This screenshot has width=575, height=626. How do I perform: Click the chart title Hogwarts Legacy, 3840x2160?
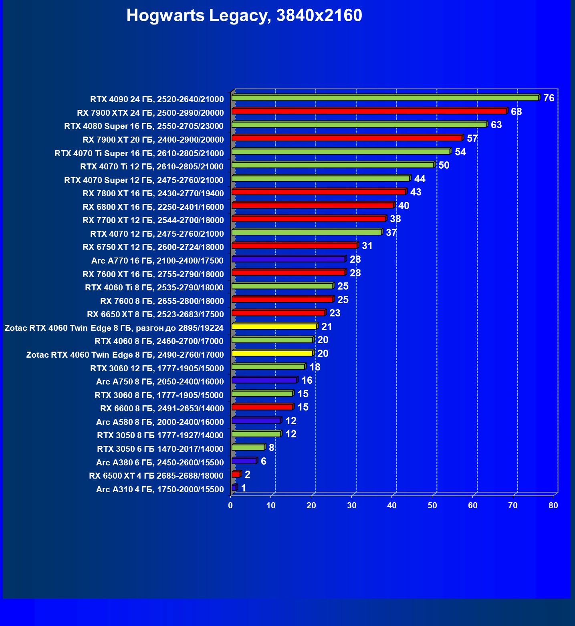(244, 16)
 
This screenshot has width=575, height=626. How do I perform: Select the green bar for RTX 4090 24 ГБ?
(385, 98)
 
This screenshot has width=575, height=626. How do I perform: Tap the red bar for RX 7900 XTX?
(369, 111)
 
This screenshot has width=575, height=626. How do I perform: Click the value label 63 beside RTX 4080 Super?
(496, 125)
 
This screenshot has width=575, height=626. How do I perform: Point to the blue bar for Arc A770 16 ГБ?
(288, 260)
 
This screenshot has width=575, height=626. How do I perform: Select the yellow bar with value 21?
(274, 326)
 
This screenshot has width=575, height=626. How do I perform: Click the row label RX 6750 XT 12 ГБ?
(153, 247)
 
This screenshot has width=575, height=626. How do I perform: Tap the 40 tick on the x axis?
(392, 505)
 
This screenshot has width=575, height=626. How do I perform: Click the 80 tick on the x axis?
(553, 505)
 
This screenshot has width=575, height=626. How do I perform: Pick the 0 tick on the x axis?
(230, 505)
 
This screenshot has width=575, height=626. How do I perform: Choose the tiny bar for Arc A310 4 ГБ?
(234, 488)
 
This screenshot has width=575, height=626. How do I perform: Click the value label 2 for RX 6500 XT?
(248, 475)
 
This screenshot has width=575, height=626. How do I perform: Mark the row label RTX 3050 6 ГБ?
(160, 449)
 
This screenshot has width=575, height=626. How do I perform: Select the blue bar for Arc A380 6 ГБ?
(244, 461)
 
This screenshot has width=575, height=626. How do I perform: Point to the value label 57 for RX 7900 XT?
(472, 139)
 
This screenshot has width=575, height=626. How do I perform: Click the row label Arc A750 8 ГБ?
(160, 382)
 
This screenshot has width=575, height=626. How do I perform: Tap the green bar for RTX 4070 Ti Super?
(341, 152)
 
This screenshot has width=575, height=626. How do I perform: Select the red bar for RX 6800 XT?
(313, 205)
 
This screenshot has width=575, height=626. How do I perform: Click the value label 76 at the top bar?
(549, 98)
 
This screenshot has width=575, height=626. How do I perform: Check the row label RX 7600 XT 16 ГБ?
(153, 274)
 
